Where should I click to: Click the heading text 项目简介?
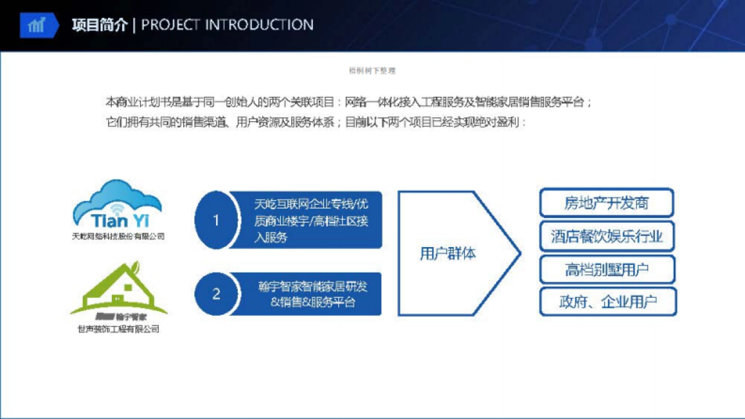(99, 25)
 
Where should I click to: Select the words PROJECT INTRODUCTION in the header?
(227, 25)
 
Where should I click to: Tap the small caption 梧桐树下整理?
(372, 71)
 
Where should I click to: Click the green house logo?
(118, 292)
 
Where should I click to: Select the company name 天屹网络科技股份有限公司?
(118, 237)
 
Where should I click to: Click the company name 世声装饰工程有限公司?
(118, 329)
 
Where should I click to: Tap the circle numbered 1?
(216, 220)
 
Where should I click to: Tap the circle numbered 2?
(216, 294)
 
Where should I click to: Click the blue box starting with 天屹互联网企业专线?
(307, 220)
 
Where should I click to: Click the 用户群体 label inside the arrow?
(448, 253)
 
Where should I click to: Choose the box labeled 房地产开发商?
(607, 203)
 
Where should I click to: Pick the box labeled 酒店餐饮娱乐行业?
(607, 237)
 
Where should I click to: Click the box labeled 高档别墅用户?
(607, 270)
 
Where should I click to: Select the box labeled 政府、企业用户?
(607, 302)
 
